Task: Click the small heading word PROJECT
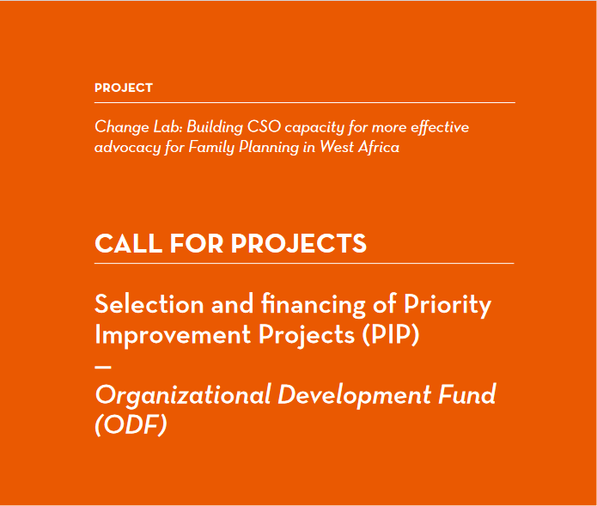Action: [124, 88]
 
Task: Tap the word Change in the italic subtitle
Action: [122, 128]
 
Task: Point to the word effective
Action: [440, 127]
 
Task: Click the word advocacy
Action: [127, 148]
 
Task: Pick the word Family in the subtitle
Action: [211, 148]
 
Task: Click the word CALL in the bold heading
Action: [128, 243]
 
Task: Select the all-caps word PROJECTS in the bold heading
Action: [299, 243]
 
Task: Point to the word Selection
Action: [149, 305]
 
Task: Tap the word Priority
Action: [448, 305]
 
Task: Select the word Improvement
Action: [173, 335]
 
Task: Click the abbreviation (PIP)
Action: [390, 335]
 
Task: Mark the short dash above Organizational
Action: [103, 367]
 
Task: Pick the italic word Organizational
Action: [183, 395]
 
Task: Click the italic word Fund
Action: [466, 394]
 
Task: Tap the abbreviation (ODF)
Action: [131, 424]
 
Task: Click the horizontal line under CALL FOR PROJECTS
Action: [304, 263]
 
